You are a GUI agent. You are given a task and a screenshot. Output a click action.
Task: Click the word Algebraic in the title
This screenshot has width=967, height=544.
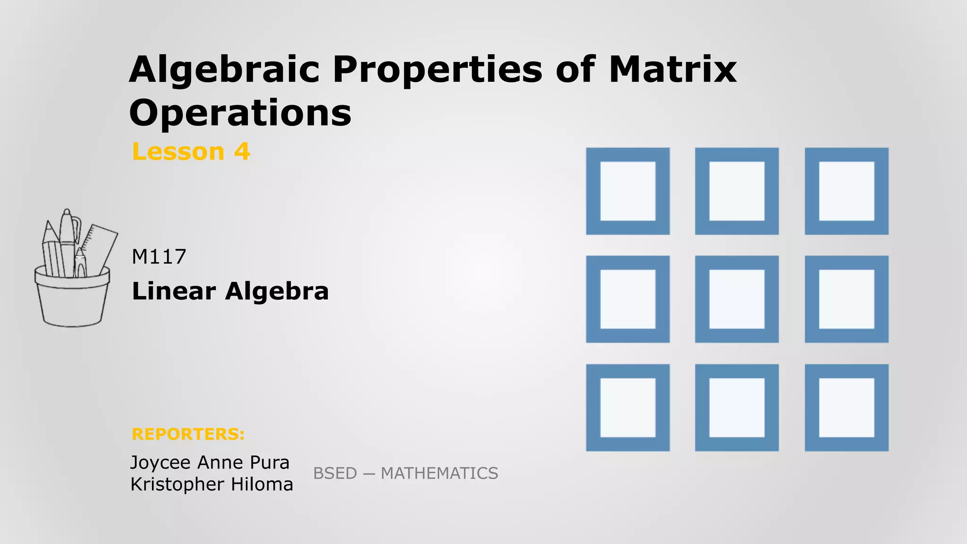click(x=224, y=70)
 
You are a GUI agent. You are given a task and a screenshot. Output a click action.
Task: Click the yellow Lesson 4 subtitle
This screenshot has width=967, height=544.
click(x=191, y=152)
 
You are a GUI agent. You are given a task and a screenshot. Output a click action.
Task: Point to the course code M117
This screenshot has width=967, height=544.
click(x=159, y=257)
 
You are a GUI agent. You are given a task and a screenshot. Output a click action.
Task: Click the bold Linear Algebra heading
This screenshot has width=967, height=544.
click(x=230, y=291)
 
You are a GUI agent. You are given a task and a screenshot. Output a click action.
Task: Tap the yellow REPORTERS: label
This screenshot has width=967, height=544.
click(x=188, y=434)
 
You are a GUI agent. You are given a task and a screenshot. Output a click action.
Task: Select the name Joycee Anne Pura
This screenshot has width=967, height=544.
click(x=210, y=462)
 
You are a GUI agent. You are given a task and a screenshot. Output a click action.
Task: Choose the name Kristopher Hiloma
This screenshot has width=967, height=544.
click(x=212, y=484)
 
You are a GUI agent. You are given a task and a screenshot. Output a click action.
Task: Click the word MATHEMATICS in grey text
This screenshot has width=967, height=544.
click(x=439, y=473)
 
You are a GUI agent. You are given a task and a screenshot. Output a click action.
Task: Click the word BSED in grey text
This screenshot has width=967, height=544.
click(x=335, y=473)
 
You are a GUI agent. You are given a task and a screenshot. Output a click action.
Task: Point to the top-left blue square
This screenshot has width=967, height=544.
click(x=628, y=191)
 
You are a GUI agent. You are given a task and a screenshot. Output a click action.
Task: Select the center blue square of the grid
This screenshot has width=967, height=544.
click(x=737, y=299)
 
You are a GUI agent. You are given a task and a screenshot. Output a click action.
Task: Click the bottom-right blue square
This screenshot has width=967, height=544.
click(x=846, y=407)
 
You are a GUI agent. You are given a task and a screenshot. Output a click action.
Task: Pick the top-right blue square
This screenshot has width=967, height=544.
click(x=846, y=191)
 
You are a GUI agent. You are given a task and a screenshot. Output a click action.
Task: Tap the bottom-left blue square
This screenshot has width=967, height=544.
click(x=628, y=407)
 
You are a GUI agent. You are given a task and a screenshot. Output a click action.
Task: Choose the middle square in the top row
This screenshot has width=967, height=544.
click(x=737, y=191)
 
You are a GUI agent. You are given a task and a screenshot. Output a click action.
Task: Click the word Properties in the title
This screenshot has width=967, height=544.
click(x=438, y=70)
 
